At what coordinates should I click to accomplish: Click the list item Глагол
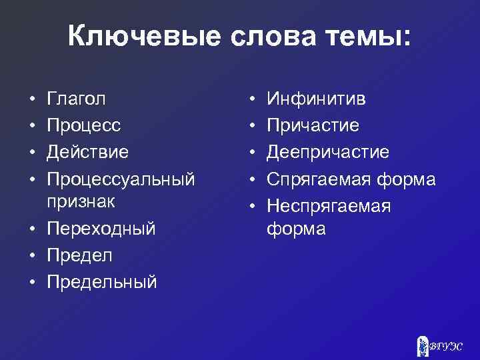coord(77,99)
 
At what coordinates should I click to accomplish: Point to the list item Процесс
coord(83,125)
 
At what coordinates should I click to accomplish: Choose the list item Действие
coord(88,151)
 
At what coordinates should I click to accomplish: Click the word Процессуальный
coord(121,178)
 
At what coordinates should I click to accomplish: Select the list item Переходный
coord(101,229)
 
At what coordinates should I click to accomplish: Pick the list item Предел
coord(80,255)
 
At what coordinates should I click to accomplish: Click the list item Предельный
coord(102,281)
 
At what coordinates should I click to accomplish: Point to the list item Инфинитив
coord(316,99)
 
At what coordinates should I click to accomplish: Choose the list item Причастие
coord(313,125)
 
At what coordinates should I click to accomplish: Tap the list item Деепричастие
coord(328,151)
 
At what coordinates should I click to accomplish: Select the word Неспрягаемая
coord(329,206)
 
